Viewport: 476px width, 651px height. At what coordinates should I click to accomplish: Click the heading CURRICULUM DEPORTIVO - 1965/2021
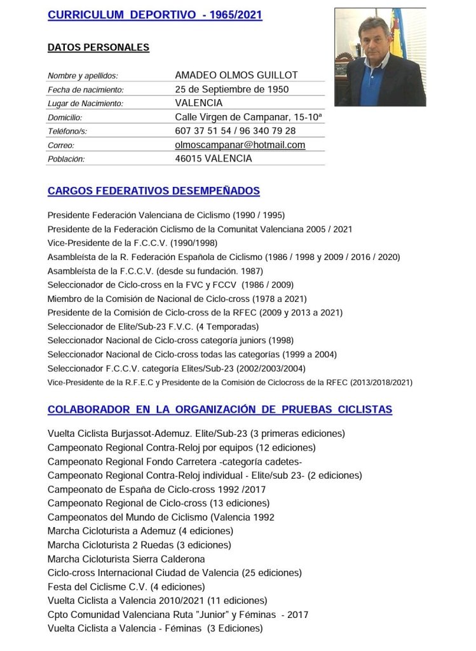[x=154, y=15]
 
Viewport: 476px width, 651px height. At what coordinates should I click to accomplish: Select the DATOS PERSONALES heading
[x=99, y=47]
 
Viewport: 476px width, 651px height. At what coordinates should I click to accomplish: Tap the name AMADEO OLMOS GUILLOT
[x=236, y=75]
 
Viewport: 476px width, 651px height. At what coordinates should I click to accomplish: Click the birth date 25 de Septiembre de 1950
[x=231, y=89]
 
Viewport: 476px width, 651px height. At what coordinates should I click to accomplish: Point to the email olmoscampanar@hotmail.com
[x=240, y=145]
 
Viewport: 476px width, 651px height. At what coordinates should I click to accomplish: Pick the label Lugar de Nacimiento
[x=85, y=104]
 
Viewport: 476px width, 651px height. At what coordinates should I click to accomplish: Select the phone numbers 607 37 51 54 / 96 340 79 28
[x=235, y=131]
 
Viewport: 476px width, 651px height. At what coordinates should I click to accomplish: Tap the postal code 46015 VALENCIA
[x=213, y=159]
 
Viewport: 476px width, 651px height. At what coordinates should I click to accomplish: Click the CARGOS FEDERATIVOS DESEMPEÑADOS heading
[x=153, y=191]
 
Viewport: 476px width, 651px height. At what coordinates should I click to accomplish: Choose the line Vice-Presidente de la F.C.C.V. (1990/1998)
[x=144, y=243]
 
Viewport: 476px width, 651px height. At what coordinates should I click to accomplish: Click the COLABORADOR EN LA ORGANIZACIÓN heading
[x=219, y=409]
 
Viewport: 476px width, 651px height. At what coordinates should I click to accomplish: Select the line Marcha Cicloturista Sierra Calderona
[x=126, y=559]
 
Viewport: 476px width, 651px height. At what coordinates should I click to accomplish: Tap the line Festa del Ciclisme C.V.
[x=126, y=587]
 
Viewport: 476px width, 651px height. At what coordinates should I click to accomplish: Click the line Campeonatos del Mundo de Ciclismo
[x=161, y=517]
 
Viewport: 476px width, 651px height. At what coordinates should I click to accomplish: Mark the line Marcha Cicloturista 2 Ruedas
[x=139, y=545]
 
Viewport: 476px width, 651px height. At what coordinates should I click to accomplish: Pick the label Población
[x=66, y=160]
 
